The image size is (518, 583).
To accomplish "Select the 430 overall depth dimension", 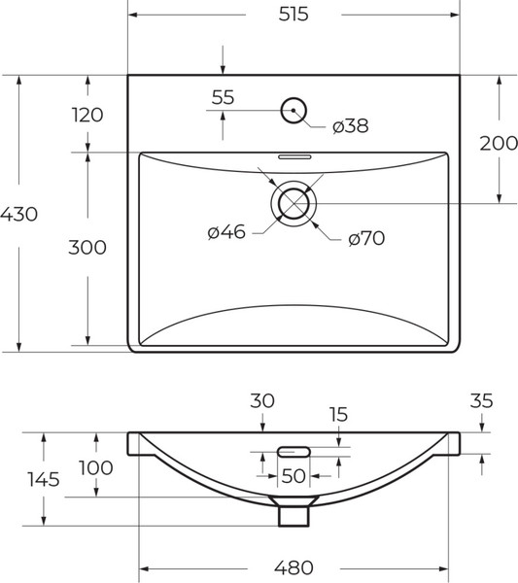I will coord(19,214).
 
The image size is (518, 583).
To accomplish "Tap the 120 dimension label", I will coord(86,115).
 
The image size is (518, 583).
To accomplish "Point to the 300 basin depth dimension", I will coord(86,248).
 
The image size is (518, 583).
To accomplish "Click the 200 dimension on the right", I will coord(498,143).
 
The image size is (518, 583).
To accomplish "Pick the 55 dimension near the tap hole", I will coord(223,97).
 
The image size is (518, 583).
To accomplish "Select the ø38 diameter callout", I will coord(350,126).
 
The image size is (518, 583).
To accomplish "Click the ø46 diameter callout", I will coord(225,231).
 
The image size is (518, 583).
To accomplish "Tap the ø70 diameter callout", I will coord(366,238).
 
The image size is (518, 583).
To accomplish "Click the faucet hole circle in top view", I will coord(293,111).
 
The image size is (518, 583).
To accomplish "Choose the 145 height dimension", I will coord(44,479).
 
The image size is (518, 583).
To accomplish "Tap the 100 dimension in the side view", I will coord(95,467).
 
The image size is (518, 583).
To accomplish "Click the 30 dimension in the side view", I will coord(262,399).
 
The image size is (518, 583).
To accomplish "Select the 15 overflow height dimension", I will coord(337,415).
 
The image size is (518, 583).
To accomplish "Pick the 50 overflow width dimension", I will coord(293,476).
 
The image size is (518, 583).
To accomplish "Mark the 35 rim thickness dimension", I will coord(482,399).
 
